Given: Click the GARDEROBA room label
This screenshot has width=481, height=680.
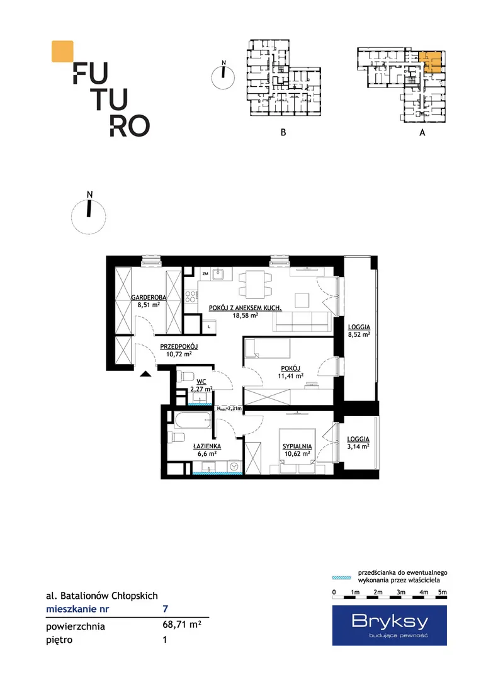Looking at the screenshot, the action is (149, 297).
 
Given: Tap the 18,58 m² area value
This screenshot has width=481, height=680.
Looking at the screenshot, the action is (246, 315).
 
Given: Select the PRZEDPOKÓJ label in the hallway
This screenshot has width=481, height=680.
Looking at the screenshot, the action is (179, 346).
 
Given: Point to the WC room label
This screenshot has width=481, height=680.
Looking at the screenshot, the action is (201, 382).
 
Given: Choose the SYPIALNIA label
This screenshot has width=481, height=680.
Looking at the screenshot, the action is (297, 446).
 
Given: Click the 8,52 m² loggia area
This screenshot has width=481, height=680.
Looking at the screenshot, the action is (359, 335).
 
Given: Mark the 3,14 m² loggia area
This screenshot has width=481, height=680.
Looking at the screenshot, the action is (358, 446).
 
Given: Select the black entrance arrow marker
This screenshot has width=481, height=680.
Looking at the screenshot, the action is (145, 374).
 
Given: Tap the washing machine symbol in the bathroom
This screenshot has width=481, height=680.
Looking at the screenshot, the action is (235, 466).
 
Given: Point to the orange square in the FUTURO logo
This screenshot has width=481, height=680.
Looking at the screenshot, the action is (62, 51).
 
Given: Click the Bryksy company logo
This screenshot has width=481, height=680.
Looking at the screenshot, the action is (390, 625).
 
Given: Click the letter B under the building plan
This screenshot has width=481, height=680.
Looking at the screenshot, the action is (283, 132).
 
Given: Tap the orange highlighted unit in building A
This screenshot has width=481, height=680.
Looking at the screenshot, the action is (431, 62).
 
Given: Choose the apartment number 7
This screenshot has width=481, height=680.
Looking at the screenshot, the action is (165, 609).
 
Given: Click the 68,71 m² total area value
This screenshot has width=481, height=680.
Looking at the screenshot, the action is (182, 625).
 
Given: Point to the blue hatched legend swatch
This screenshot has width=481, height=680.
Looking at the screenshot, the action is (342, 577).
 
